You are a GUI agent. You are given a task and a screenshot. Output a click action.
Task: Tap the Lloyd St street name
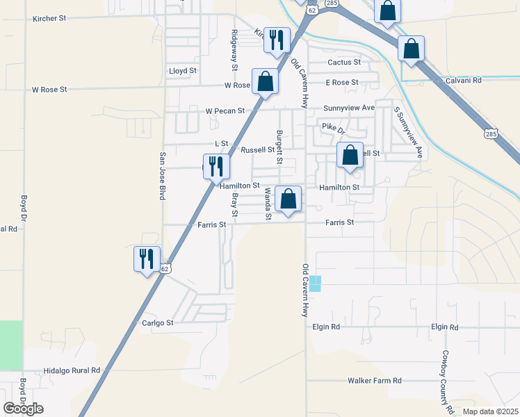[184, 71]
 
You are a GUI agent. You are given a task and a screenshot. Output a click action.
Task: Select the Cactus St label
[345, 62]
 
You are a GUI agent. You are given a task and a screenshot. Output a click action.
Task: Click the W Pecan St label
[225, 111]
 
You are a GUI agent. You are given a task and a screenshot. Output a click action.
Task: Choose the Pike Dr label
[334, 126]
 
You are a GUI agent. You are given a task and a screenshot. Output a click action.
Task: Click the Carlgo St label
[157, 322]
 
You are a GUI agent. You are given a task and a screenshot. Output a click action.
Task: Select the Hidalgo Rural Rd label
[72, 370]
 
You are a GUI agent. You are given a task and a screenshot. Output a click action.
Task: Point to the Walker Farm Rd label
[375, 381]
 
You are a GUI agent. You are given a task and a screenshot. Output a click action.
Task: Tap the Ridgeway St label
[235, 44]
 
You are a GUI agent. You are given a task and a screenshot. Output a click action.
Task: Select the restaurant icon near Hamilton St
[217, 166]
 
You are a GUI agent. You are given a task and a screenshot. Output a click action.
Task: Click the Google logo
[23, 409]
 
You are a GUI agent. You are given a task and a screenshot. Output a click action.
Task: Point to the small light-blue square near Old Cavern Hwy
[316, 284]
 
